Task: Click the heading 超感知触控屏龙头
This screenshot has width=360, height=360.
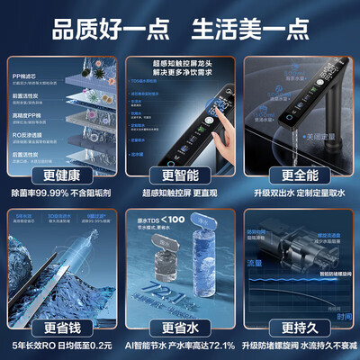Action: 179,59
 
